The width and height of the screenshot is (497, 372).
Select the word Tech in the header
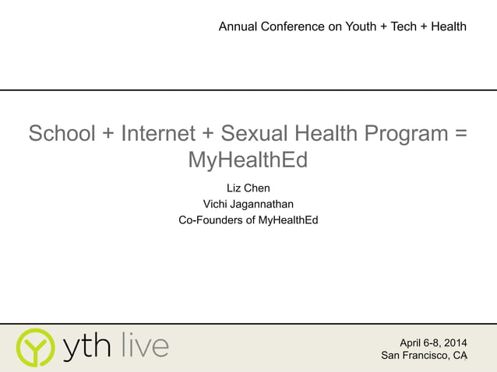point(404,26)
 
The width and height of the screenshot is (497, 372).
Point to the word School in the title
point(62,134)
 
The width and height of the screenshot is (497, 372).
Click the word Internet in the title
point(158,134)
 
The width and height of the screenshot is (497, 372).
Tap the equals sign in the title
point(460,134)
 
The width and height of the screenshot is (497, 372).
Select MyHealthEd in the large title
point(248,160)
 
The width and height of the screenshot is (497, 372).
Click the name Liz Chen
point(248,188)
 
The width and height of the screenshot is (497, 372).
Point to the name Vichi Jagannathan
point(248,204)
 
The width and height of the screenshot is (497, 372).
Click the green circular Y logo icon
point(36,347)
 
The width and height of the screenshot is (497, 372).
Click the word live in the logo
point(145,346)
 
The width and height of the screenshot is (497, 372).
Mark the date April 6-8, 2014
point(433,342)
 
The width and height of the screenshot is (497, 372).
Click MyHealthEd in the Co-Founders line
point(289,220)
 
